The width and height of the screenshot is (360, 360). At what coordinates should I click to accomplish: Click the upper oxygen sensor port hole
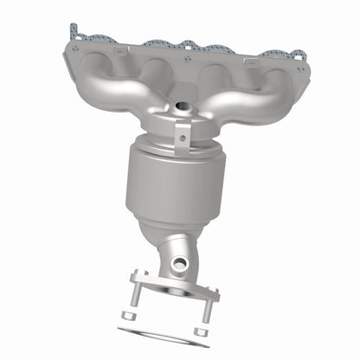[183, 108]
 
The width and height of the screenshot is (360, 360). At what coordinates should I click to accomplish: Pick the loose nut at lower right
[205, 330]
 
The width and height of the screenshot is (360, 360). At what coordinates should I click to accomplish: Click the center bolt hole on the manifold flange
[188, 58]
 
